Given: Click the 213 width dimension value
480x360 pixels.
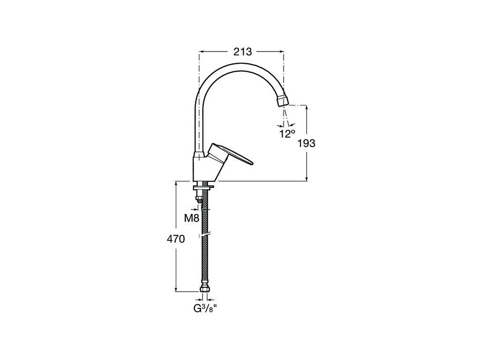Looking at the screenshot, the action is click(x=242, y=52).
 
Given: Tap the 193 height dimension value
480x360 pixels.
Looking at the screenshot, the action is click(x=307, y=143).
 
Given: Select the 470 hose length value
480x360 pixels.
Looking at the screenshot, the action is click(x=176, y=239).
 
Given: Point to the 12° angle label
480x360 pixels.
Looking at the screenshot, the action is click(x=287, y=134).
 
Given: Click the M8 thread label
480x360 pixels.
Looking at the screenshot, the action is click(x=192, y=218).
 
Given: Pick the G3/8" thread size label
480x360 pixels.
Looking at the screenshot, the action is click(x=203, y=308).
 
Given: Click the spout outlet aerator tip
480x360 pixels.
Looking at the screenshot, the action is click(x=283, y=101).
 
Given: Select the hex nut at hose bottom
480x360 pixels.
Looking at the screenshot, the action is click(x=204, y=289).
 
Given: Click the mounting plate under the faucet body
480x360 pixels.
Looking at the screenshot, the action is click(x=203, y=186).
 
